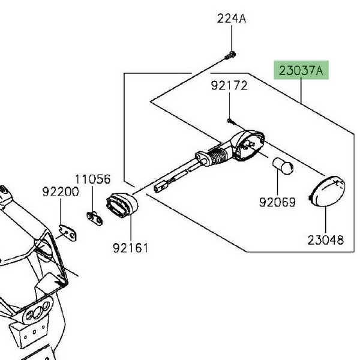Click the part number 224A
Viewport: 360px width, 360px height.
tap(232, 19)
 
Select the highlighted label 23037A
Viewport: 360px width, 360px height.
tap(301, 70)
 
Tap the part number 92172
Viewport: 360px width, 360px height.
tap(229, 85)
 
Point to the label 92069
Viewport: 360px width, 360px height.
tap(277, 202)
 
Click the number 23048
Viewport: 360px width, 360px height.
tap(326, 240)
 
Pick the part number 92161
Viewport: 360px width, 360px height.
tap(131, 248)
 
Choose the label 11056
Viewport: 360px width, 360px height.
tap(93, 179)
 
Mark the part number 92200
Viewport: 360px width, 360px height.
tap(61, 192)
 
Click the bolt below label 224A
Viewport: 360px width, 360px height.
tap(230, 56)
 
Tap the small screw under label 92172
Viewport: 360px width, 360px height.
tap(230, 121)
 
